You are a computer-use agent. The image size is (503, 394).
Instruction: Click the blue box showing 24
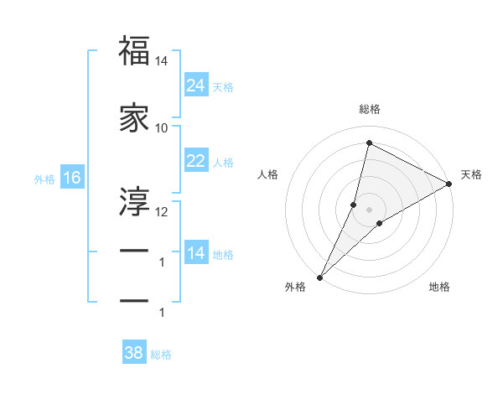tap(195, 86)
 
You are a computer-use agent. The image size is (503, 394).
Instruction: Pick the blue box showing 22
tap(195, 161)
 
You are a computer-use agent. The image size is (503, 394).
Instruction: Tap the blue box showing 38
tap(134, 353)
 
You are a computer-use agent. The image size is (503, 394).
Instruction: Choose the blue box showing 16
tap(71, 178)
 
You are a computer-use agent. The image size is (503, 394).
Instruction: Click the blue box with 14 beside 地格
tap(195, 253)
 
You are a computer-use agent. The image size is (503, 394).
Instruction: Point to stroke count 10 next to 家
tap(162, 127)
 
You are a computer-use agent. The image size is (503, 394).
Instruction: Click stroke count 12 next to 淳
tap(162, 211)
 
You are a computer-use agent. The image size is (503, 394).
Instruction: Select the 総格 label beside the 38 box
tap(161, 355)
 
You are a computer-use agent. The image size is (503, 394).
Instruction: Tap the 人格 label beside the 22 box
tap(223, 162)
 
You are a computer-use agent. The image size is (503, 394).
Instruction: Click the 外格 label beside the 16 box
tap(44, 179)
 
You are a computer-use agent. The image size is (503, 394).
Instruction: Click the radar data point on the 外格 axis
tap(319, 277)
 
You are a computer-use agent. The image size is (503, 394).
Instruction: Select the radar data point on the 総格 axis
tap(369, 143)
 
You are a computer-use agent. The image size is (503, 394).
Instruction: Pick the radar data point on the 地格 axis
tap(380, 223)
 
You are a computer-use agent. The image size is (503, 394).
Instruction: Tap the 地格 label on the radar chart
tap(439, 287)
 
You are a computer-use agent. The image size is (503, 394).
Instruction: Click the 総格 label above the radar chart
tap(369, 109)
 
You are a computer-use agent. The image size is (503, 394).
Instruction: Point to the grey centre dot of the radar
tap(369, 209)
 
